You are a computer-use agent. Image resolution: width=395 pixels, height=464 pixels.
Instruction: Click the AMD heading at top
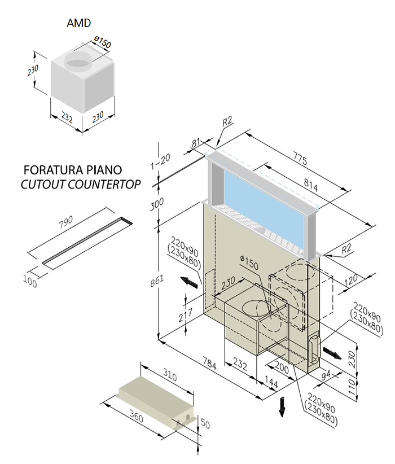click(x=79, y=23)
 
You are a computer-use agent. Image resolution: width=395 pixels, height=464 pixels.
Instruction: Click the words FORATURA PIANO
click(x=73, y=170)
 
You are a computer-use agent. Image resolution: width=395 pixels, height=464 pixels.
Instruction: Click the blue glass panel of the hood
click(x=265, y=203)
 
